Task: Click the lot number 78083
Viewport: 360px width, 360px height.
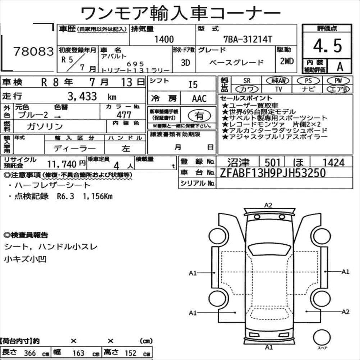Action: coord(33,51)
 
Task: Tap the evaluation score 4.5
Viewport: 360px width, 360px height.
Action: coord(327,46)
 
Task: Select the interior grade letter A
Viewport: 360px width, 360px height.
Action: coord(340,66)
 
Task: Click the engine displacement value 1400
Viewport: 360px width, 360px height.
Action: coord(164,39)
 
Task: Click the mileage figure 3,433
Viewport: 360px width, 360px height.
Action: coord(82,96)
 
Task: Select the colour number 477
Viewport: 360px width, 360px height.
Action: coord(124,115)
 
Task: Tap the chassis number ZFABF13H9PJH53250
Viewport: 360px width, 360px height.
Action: coord(273,173)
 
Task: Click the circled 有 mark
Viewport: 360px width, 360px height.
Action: coord(199,116)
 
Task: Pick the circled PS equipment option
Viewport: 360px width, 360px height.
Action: coord(308,80)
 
